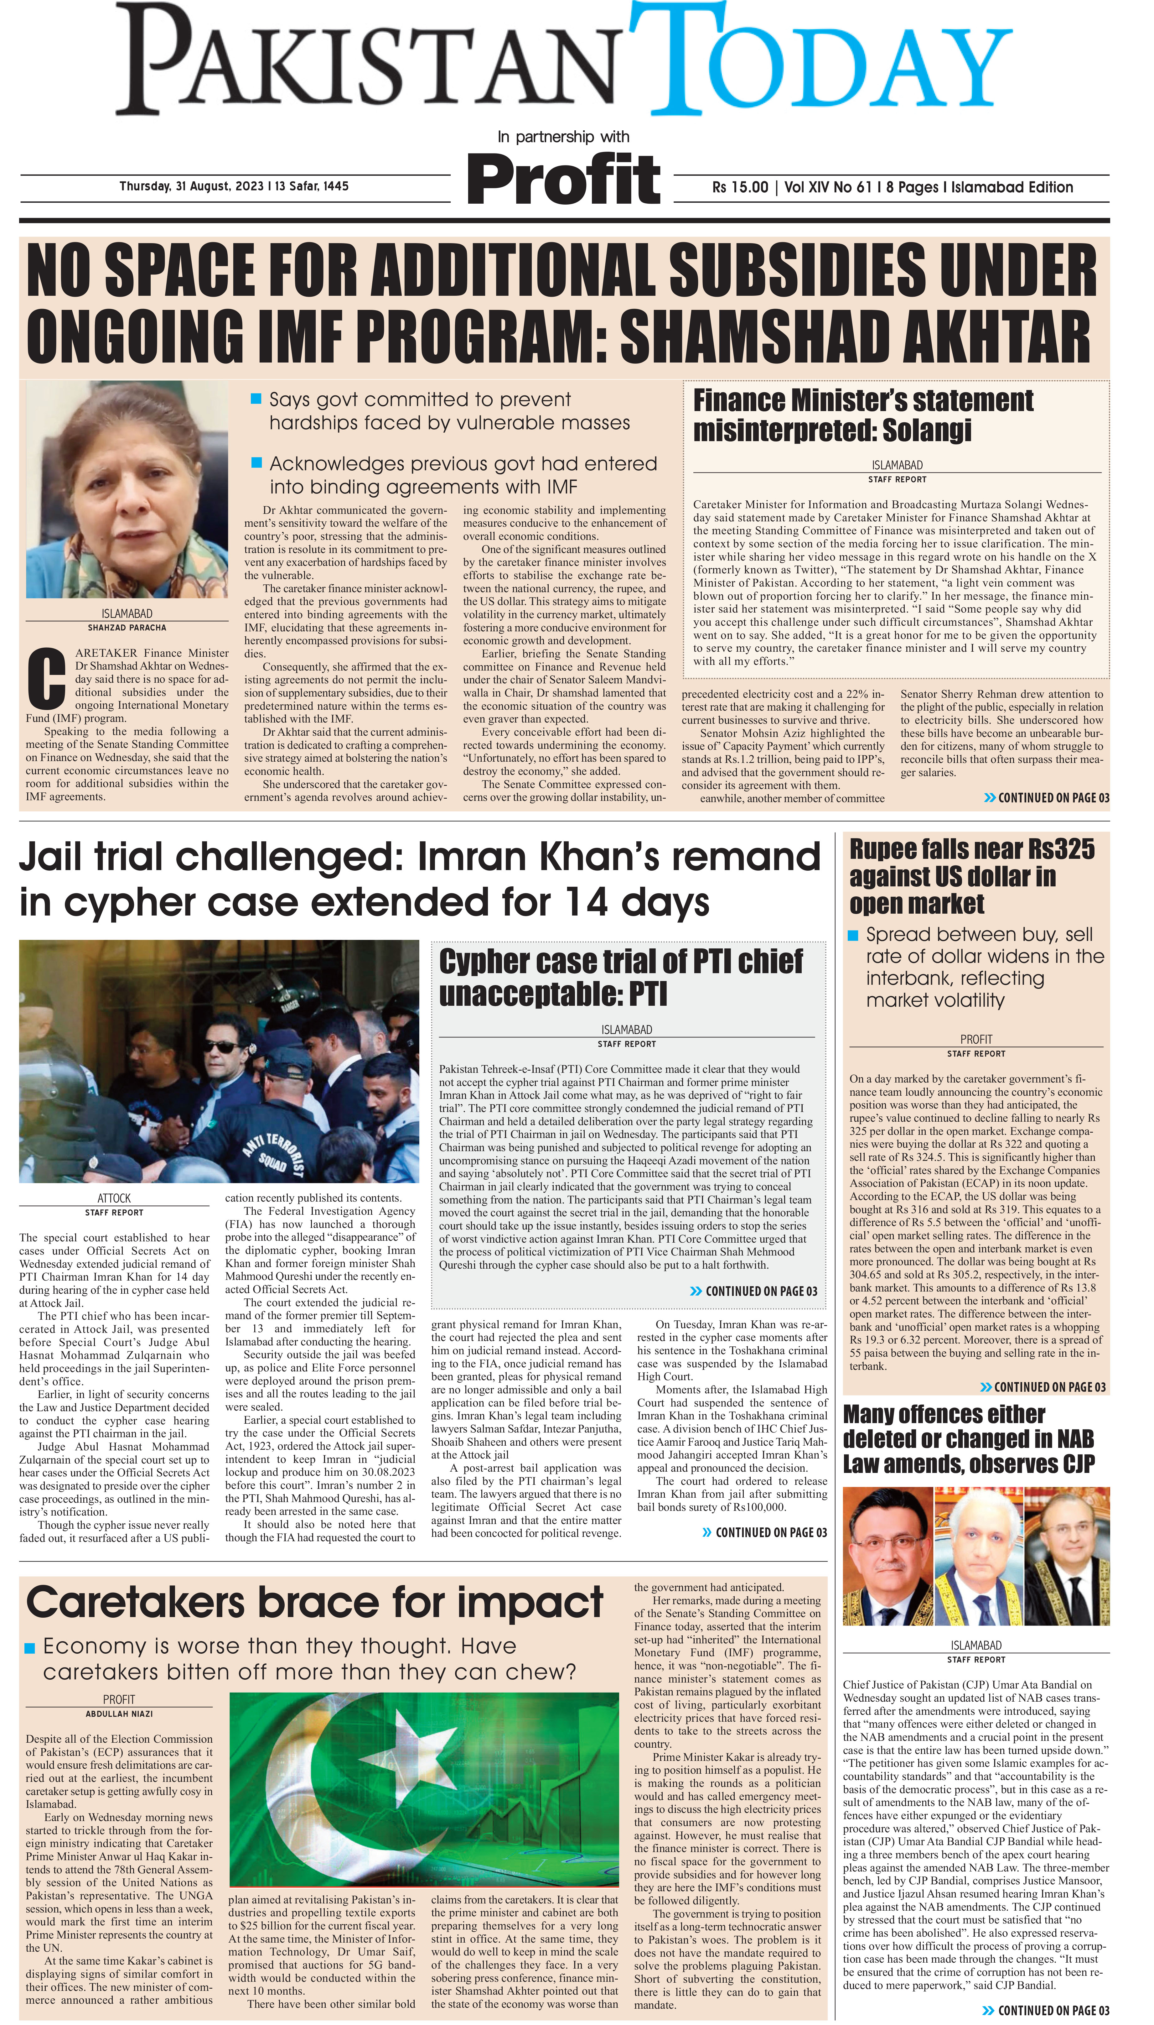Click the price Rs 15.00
(x=739, y=187)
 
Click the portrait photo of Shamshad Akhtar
(x=127, y=489)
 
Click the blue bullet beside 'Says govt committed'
(x=256, y=399)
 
